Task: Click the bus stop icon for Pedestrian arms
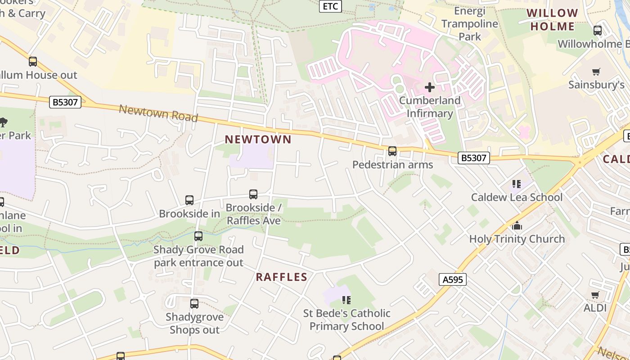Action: coord(392,151)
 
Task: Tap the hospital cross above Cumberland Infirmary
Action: coord(430,87)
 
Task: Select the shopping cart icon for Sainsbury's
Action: coord(596,72)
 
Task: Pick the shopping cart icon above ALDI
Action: coord(595,295)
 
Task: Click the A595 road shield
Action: coord(452,280)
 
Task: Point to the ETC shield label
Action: coord(330,6)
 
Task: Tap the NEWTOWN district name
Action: coord(258,139)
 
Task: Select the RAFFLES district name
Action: coord(281,277)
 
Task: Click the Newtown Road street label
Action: coord(158,113)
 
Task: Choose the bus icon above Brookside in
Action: coord(189,200)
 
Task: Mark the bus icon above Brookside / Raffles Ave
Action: coord(253,194)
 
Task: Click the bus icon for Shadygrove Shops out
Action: coord(194,304)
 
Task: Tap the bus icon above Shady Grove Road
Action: coord(198,236)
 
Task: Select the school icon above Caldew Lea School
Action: coord(517,184)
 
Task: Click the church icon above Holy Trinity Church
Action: coord(517,225)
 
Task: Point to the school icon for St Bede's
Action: coord(346,300)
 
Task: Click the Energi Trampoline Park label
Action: coord(470,23)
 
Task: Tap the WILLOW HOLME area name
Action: coord(552,20)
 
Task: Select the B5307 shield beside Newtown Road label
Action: coord(65,102)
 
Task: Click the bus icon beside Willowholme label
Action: coord(598,31)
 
